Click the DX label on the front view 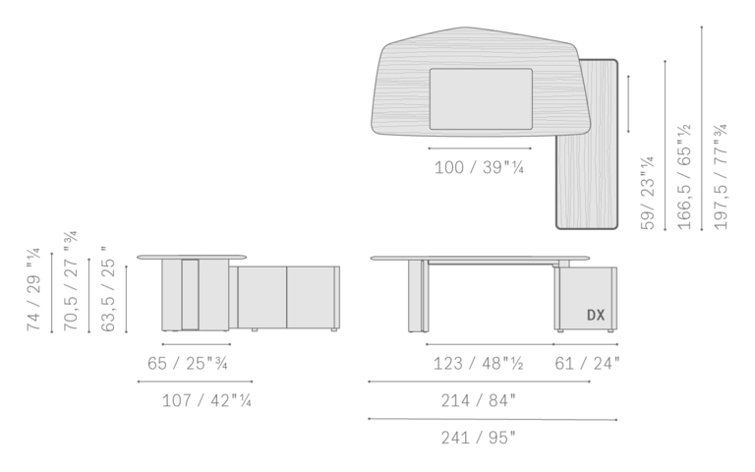[596, 315]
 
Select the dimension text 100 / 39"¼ [479, 167]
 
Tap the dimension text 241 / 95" [478, 438]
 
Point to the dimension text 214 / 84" [478, 400]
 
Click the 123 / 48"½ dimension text [478, 363]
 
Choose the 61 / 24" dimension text [588, 363]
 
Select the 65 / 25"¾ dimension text [188, 363]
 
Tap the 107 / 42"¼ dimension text [206, 400]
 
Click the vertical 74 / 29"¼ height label [34, 289]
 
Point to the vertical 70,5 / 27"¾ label [71, 281]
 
